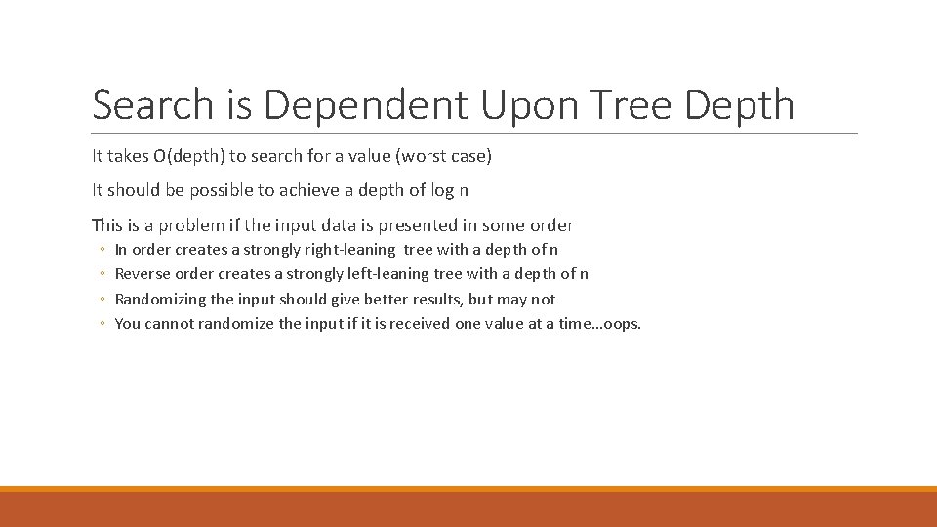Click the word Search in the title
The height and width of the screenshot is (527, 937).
(152, 105)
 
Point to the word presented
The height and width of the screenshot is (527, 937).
(399, 224)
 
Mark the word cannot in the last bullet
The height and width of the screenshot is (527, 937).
(169, 324)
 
